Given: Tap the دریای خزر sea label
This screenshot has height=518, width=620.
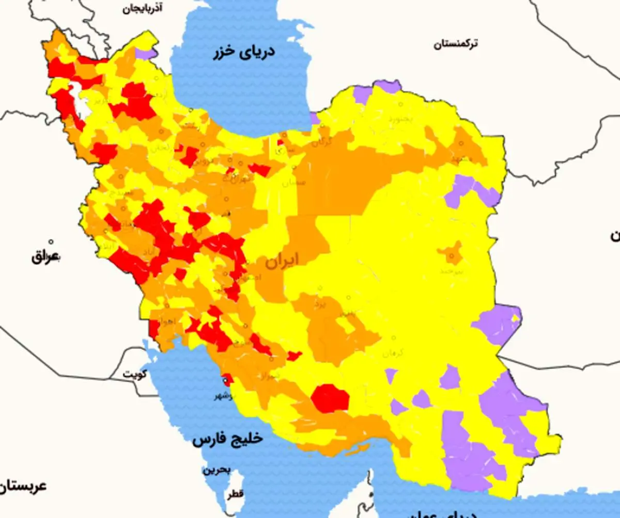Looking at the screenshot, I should [x=245, y=52].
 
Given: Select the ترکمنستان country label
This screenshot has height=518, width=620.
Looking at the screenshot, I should [x=456, y=44].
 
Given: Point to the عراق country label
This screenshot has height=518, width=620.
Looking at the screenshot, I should [x=45, y=256].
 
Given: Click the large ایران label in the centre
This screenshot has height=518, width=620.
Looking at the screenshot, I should [x=282, y=261].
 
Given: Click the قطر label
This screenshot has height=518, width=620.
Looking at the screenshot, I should [x=234, y=495].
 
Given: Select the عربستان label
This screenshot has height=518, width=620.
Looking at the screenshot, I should [x=23, y=486].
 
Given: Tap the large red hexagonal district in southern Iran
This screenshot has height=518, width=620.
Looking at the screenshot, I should [x=330, y=398].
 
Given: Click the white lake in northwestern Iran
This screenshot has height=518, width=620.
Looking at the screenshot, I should [x=81, y=98].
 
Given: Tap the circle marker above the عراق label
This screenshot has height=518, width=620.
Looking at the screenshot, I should [x=51, y=241].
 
